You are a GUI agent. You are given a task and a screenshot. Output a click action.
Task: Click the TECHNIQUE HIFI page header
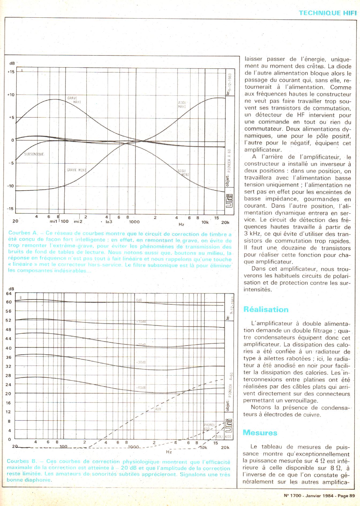(x=328, y=13)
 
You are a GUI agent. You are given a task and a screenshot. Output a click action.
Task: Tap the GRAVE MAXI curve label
(x=73, y=100)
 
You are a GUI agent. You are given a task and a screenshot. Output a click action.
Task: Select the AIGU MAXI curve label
(x=182, y=105)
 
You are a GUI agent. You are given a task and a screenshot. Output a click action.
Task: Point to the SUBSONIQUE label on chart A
(x=34, y=154)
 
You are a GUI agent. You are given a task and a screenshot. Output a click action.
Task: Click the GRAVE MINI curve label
(x=76, y=170)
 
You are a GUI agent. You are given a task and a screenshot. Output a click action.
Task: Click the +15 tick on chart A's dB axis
(x=11, y=72)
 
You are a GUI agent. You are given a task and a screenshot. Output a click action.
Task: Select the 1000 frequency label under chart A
(x=134, y=222)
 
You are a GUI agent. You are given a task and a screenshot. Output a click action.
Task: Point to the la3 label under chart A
(x=109, y=222)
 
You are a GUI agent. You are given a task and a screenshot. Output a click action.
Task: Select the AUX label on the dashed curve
(x=158, y=409)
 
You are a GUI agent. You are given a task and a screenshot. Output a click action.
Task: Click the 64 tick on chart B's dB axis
(x=9, y=293)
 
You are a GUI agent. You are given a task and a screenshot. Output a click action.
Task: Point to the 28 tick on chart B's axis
(x=9, y=375)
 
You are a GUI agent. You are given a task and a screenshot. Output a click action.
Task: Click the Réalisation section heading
(x=266, y=310)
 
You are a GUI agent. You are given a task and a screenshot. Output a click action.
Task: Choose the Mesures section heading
(x=260, y=433)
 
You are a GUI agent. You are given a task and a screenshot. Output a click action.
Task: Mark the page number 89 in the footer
(x=352, y=496)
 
